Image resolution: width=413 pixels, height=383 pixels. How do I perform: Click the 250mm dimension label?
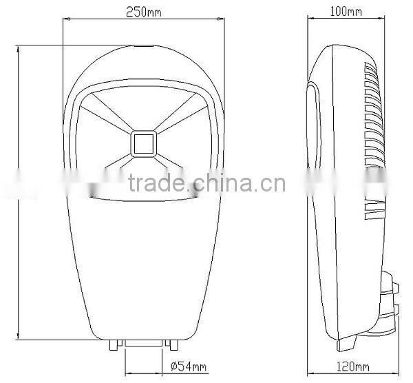pos(145,12)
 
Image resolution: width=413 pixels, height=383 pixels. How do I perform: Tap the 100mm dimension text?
pos(347,12)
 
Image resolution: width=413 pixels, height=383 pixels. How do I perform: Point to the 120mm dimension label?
pos(352,365)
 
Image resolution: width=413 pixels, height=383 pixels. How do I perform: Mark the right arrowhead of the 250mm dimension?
pos(223,21)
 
